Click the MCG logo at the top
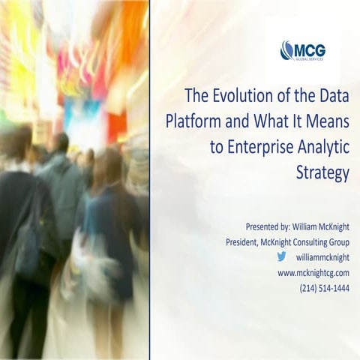pos(302,50)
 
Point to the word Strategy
pos(323,173)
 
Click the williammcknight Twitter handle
pos(322,258)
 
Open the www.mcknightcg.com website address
pos(313,273)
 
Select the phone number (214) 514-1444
pos(324,289)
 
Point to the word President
pos(247,242)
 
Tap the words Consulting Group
pos(320,242)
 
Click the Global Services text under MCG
pos(310,58)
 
